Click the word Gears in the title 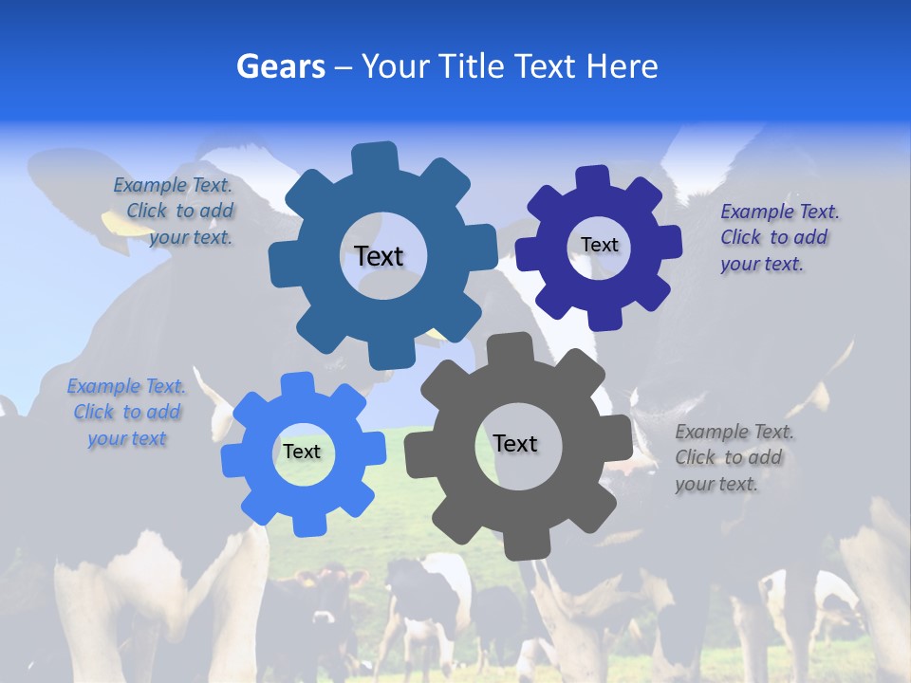281,66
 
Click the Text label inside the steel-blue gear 379,256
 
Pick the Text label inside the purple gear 599,245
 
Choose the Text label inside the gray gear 515,443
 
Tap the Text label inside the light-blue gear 302,452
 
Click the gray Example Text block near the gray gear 734,457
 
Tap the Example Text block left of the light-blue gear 126,412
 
